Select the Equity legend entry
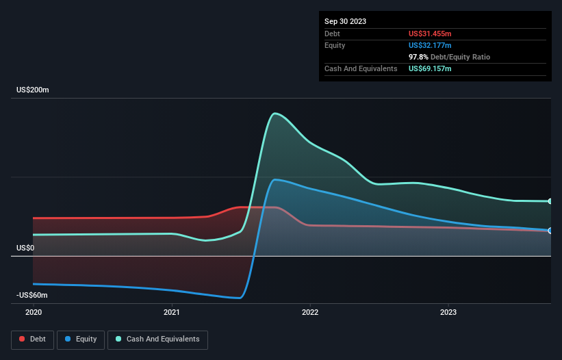pyautogui.click(x=81, y=339)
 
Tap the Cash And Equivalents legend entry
pyautogui.click(x=157, y=339)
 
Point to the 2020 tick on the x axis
pyautogui.click(x=34, y=312)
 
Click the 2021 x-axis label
pyautogui.click(x=172, y=312)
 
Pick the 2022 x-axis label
pyautogui.click(x=310, y=312)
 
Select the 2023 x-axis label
pyautogui.click(x=448, y=312)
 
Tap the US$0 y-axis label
pyautogui.click(x=26, y=248)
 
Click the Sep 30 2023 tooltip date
pyautogui.click(x=345, y=21)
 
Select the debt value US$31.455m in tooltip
pyautogui.click(x=430, y=34)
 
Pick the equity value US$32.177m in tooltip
pyautogui.click(x=430, y=45)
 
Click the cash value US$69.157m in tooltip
pyautogui.click(x=430, y=68)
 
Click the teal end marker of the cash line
pyautogui.click(x=550, y=201)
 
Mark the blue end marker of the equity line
pyautogui.click(x=550, y=231)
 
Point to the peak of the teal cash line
pyautogui.click(x=274, y=113)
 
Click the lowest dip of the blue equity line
pyautogui.click(x=238, y=298)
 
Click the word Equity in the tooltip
pyautogui.click(x=335, y=45)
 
